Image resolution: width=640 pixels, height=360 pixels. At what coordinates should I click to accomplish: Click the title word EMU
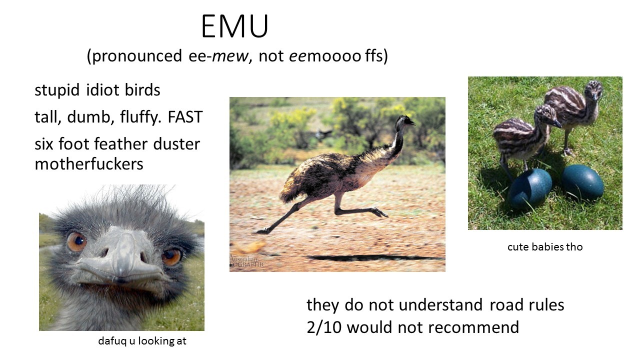(x=234, y=26)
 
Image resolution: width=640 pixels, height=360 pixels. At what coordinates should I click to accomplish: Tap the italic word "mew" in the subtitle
(x=230, y=55)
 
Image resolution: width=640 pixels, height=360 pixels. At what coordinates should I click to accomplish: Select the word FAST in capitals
(x=185, y=117)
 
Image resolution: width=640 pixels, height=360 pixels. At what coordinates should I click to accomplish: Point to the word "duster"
(x=176, y=143)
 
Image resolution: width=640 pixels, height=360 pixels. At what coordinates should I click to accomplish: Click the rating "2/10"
(x=324, y=327)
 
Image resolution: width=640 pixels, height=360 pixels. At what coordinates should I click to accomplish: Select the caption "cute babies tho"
(x=545, y=247)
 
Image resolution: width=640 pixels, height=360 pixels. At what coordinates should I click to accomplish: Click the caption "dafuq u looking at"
(x=142, y=341)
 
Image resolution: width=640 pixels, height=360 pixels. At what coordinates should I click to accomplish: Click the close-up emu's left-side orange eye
(x=77, y=241)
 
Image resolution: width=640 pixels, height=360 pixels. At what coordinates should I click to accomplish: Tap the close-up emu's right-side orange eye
(x=171, y=256)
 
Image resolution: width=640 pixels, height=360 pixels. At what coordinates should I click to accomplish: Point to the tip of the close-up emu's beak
(x=121, y=278)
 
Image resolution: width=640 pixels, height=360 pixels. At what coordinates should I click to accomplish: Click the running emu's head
(x=405, y=121)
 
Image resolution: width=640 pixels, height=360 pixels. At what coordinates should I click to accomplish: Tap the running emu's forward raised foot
(x=379, y=212)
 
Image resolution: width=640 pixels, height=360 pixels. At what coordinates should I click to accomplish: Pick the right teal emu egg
(x=583, y=183)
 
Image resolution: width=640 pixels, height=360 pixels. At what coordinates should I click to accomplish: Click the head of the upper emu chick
(x=593, y=90)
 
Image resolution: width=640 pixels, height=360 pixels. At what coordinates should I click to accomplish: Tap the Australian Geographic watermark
(x=247, y=261)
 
